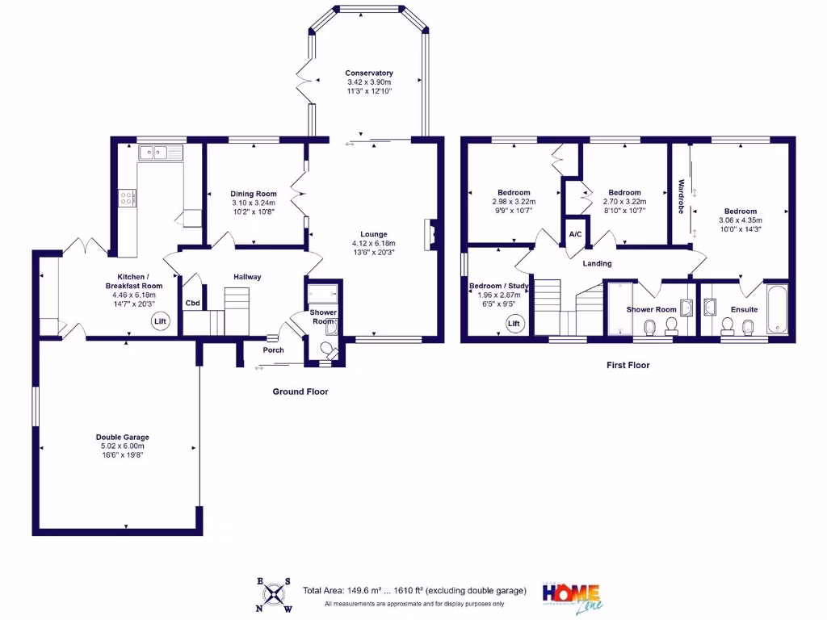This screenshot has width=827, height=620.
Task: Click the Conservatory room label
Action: coord(368,73)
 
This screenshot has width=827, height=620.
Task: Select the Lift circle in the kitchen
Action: coord(160,322)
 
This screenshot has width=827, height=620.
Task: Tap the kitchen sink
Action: coord(161,152)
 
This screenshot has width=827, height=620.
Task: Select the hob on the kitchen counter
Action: coord(128,197)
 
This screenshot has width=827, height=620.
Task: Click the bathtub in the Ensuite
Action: coord(779,308)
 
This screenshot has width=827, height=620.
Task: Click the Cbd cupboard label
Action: coord(193,304)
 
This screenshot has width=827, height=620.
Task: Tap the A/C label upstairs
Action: coord(576,234)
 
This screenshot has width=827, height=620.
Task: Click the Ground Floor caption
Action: coord(300,392)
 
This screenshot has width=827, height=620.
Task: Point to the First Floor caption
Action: coord(628,365)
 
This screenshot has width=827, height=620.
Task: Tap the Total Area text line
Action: coord(414,591)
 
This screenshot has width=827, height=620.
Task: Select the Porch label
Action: coord(273,350)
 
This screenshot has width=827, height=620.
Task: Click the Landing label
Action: coord(597,264)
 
